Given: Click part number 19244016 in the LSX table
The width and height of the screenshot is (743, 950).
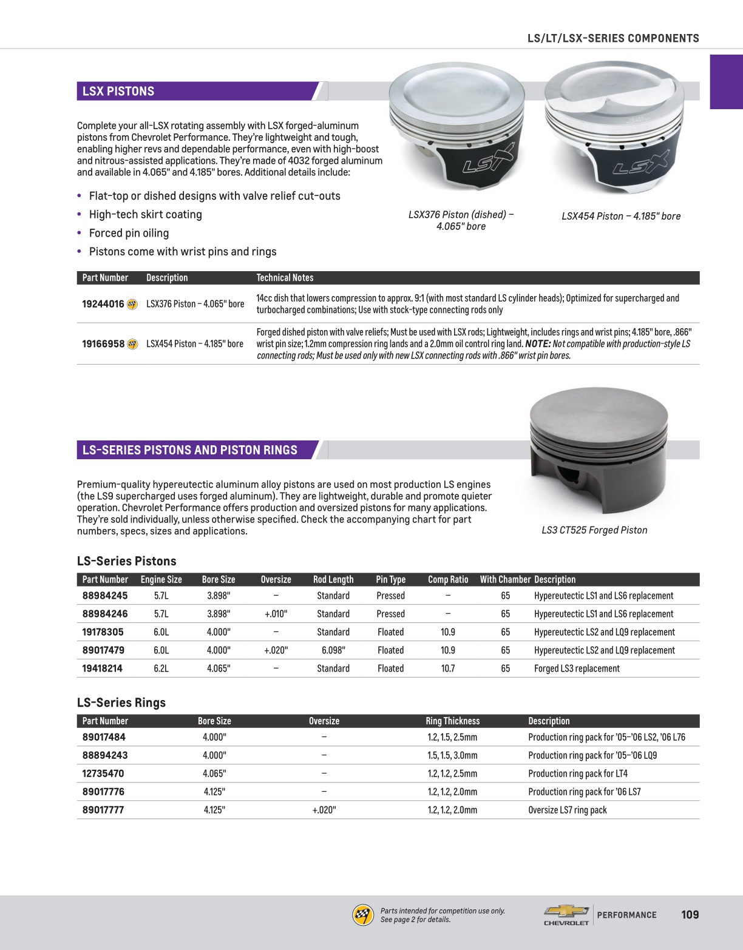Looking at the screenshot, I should (103, 304).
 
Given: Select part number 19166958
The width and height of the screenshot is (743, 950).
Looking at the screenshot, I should (103, 344).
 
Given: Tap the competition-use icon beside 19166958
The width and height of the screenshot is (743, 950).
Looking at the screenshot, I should (132, 344).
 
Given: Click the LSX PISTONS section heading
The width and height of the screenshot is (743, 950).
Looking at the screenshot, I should (118, 92).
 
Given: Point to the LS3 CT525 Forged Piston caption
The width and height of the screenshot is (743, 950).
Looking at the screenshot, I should (594, 530).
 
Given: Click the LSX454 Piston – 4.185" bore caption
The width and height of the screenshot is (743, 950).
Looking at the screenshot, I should (621, 216).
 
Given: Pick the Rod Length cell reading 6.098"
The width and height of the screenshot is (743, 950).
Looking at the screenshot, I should (333, 650).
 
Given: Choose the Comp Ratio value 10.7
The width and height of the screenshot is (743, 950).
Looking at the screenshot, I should (448, 669).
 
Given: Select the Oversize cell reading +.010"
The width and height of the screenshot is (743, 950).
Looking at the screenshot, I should (276, 614).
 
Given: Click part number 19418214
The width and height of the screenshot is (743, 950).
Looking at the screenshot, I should (103, 669).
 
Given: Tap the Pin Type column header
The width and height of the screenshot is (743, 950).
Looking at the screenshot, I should (390, 579).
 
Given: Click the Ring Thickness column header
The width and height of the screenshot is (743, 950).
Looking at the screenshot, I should (452, 721).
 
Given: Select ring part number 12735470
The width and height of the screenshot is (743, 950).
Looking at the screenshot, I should (103, 773).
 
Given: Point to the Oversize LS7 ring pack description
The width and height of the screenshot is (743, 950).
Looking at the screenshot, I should (567, 810).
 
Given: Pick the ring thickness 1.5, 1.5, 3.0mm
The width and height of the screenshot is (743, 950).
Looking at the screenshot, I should (452, 755).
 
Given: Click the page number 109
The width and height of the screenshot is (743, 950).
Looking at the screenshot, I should (690, 915).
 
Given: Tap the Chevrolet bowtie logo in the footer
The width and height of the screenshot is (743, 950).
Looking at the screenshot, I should (566, 911).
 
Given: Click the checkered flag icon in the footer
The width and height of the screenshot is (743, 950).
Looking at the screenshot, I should (363, 915).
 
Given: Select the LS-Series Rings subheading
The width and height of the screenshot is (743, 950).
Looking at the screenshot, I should (121, 702).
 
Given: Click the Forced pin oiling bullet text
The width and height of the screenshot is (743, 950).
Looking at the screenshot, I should (129, 233).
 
